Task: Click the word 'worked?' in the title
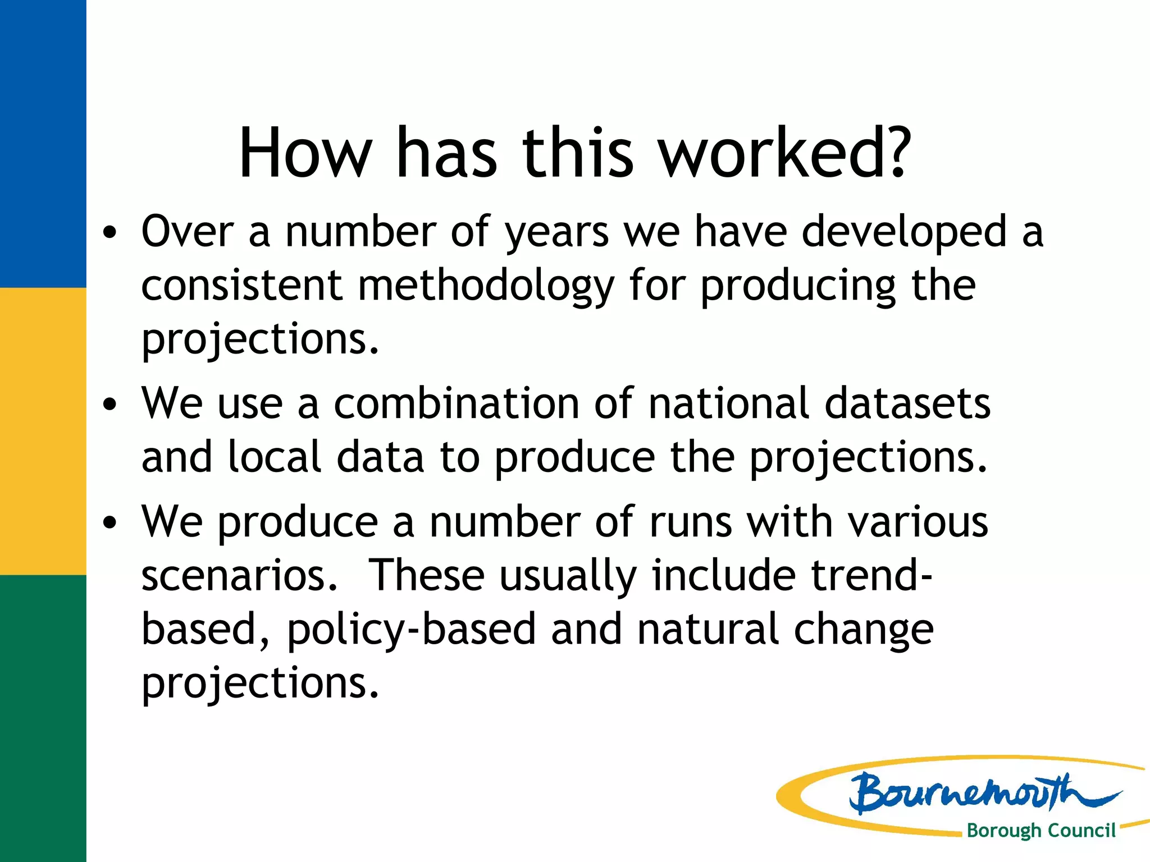(784, 153)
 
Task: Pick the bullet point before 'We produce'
(110, 522)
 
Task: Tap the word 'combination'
(456, 404)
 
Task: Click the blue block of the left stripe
(43, 144)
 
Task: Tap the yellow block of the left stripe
(43, 431)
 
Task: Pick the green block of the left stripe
(43, 718)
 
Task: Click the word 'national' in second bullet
(728, 404)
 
